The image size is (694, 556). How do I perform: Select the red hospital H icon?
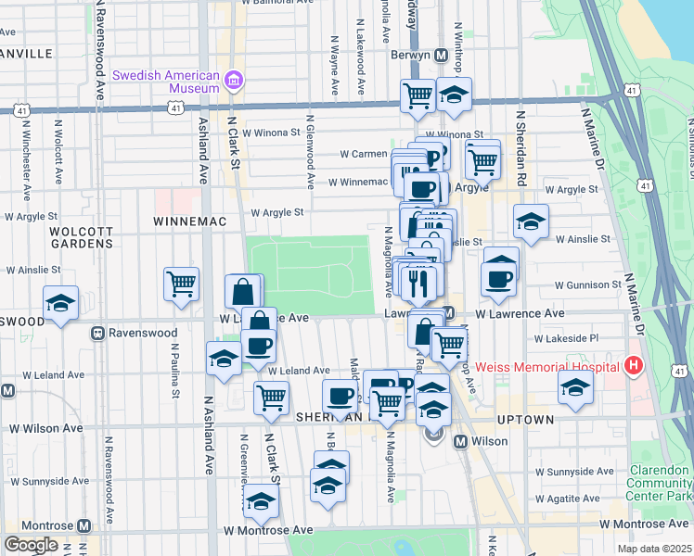pyautogui.click(x=635, y=366)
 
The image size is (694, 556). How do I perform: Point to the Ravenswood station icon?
pyautogui.click(x=96, y=333)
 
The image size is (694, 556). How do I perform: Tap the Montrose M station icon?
pyautogui.click(x=84, y=525)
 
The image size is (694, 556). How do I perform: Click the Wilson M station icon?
pyautogui.click(x=460, y=441)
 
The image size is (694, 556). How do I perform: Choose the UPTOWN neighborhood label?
pyautogui.click(x=526, y=420)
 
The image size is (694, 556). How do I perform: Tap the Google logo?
pyautogui.click(x=31, y=545)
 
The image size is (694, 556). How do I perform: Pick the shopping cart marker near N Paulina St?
pyautogui.click(x=181, y=284)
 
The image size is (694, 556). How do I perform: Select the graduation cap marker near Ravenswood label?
pyautogui.click(x=61, y=303)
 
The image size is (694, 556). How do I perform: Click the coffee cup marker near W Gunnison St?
pyautogui.click(x=498, y=279)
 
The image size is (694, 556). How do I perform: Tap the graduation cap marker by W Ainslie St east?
pyautogui.click(x=531, y=222)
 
